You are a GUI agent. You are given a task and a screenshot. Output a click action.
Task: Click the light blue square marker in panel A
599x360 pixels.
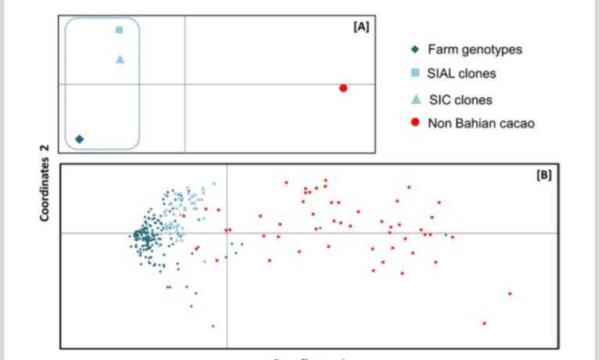coord(119,31)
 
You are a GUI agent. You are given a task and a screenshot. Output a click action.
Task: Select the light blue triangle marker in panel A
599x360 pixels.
coord(120,59)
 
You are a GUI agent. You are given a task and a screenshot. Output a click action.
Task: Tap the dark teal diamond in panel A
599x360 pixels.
coord(79,139)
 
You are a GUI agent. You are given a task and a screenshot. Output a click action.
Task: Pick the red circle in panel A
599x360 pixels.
coord(343,88)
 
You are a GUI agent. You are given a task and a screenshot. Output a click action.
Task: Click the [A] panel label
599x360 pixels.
coord(361,26)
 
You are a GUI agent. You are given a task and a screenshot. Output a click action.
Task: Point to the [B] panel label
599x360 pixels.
coord(544,175)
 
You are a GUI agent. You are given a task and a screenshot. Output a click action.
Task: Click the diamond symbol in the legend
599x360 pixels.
coord(416,49)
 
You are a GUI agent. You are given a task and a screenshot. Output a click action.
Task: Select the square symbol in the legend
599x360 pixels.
coord(416,74)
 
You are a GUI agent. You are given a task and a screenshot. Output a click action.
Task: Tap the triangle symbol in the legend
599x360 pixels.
coord(416,99)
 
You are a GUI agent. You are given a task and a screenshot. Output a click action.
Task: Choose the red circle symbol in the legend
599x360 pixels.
coord(416,123)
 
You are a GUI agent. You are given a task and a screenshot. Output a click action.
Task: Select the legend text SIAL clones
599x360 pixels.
coord(461,74)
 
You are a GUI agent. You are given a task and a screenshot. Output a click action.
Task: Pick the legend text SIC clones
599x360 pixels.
coord(460,99)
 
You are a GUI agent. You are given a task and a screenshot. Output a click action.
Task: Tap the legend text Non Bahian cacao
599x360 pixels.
coord(481,123)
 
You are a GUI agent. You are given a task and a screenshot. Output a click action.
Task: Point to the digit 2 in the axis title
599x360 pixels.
coord(45,146)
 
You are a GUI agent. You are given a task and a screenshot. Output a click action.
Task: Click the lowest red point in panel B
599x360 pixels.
coord(484,323)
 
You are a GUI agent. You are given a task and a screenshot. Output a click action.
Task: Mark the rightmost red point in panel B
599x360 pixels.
coord(510,293)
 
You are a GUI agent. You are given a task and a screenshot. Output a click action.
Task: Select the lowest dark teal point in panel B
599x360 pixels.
coord(213,326)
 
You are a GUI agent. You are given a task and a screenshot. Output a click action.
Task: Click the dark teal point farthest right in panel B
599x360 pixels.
coord(446,234)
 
